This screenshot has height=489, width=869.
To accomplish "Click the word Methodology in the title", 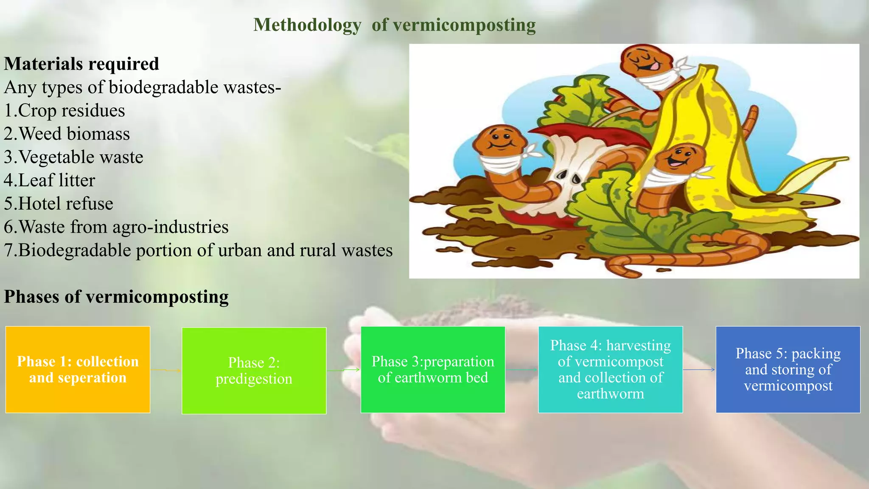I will [307, 25].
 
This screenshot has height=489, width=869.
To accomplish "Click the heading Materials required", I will [81, 64].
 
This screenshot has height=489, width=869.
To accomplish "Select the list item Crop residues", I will [64, 111].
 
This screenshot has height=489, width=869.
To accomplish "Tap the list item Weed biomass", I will [67, 134].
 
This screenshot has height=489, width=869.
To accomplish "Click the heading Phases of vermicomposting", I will [116, 297].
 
